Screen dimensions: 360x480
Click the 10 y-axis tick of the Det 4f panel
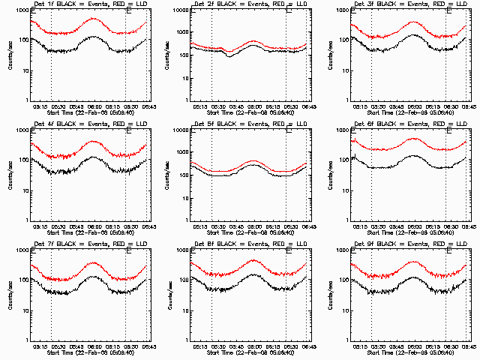pos(25,190)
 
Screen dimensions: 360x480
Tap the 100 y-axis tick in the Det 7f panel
pos(23,280)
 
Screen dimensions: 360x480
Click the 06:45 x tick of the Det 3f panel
pos(466,106)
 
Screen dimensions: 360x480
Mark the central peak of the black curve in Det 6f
pos(413,156)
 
